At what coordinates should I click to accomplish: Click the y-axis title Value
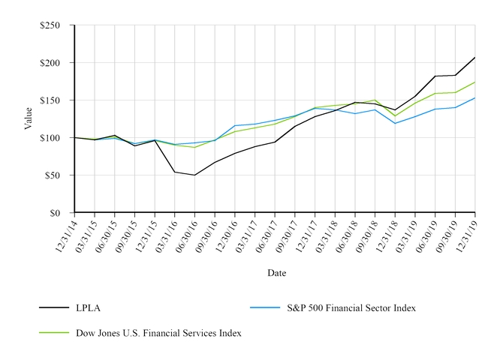[x=29, y=118]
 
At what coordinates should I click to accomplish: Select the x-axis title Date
[x=276, y=273]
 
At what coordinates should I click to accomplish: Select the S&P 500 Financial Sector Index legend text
[x=352, y=307]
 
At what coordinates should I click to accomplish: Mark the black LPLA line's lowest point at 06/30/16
[x=195, y=175]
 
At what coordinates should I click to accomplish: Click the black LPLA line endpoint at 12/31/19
[x=475, y=58]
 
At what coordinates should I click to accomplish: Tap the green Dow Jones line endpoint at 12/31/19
[x=475, y=82]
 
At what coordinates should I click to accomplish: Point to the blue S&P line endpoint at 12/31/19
[x=475, y=98]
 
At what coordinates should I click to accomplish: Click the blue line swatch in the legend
[x=264, y=307]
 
